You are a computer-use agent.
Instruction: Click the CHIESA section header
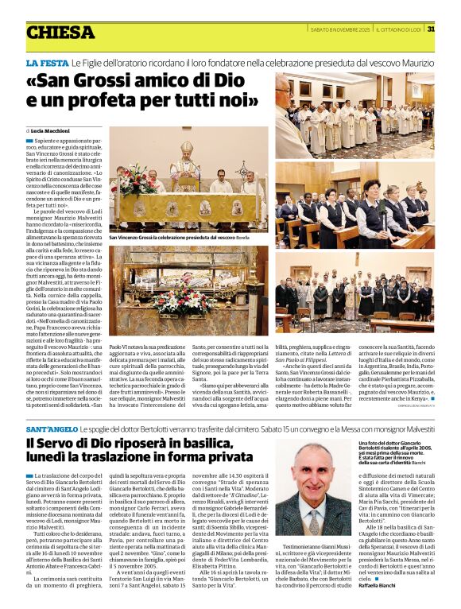coord(60,33)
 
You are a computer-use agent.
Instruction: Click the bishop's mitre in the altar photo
coord(186,149)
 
